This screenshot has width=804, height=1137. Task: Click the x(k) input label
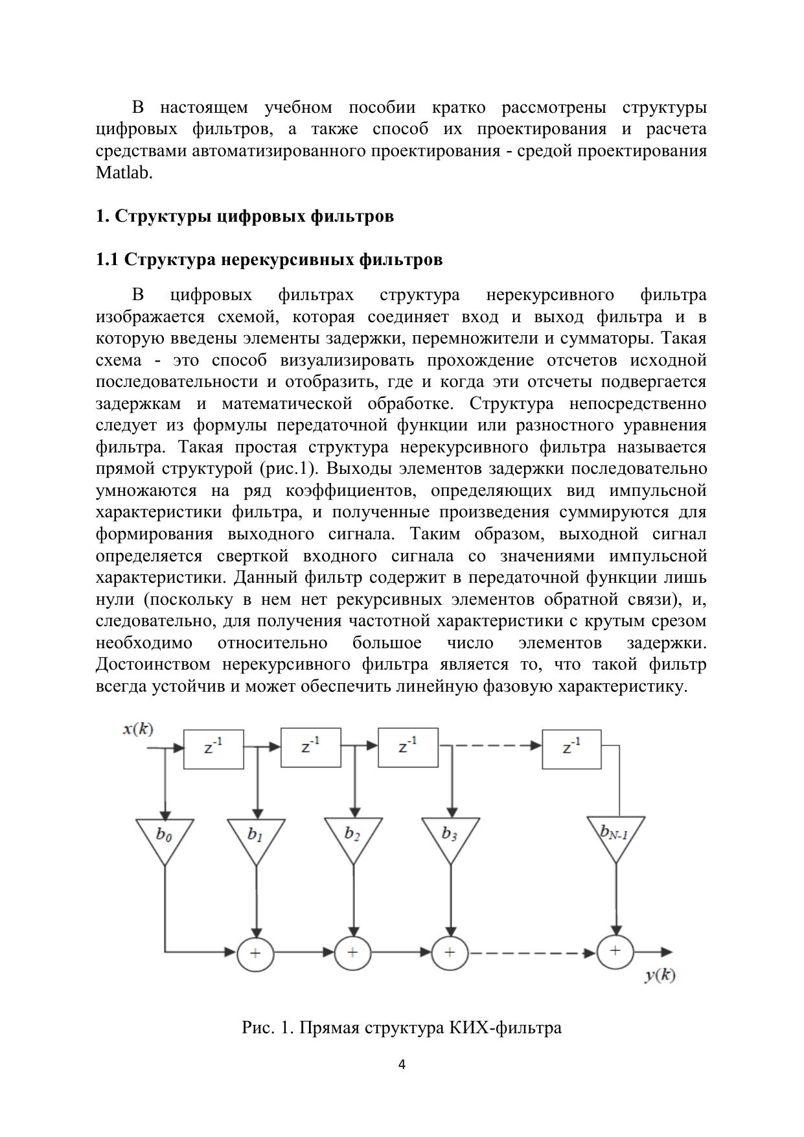pyautogui.click(x=138, y=729)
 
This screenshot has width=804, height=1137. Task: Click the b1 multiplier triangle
pyautogui.click(x=257, y=838)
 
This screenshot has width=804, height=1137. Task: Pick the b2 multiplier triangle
pyautogui.click(x=353, y=837)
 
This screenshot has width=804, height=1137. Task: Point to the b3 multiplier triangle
pyautogui.click(x=450, y=837)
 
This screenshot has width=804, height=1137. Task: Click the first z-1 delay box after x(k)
pyautogui.click(x=214, y=749)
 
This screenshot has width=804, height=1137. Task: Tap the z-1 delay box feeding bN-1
pyautogui.click(x=571, y=749)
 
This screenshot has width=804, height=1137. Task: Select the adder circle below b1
pyautogui.click(x=255, y=953)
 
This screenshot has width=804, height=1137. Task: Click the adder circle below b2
pyautogui.click(x=352, y=952)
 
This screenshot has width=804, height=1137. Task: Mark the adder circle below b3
pyautogui.click(x=450, y=952)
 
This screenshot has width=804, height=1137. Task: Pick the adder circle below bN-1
pyautogui.click(x=615, y=951)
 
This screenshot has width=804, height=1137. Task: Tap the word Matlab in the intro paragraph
pyautogui.click(x=124, y=173)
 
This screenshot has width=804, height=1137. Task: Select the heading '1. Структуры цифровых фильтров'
pyautogui.click(x=244, y=216)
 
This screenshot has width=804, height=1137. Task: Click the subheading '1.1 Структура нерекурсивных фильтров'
pyautogui.click(x=269, y=260)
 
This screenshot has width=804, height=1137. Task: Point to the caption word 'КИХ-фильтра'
pyautogui.click(x=505, y=1027)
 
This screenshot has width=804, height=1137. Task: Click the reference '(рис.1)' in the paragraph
pyautogui.click(x=286, y=469)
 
